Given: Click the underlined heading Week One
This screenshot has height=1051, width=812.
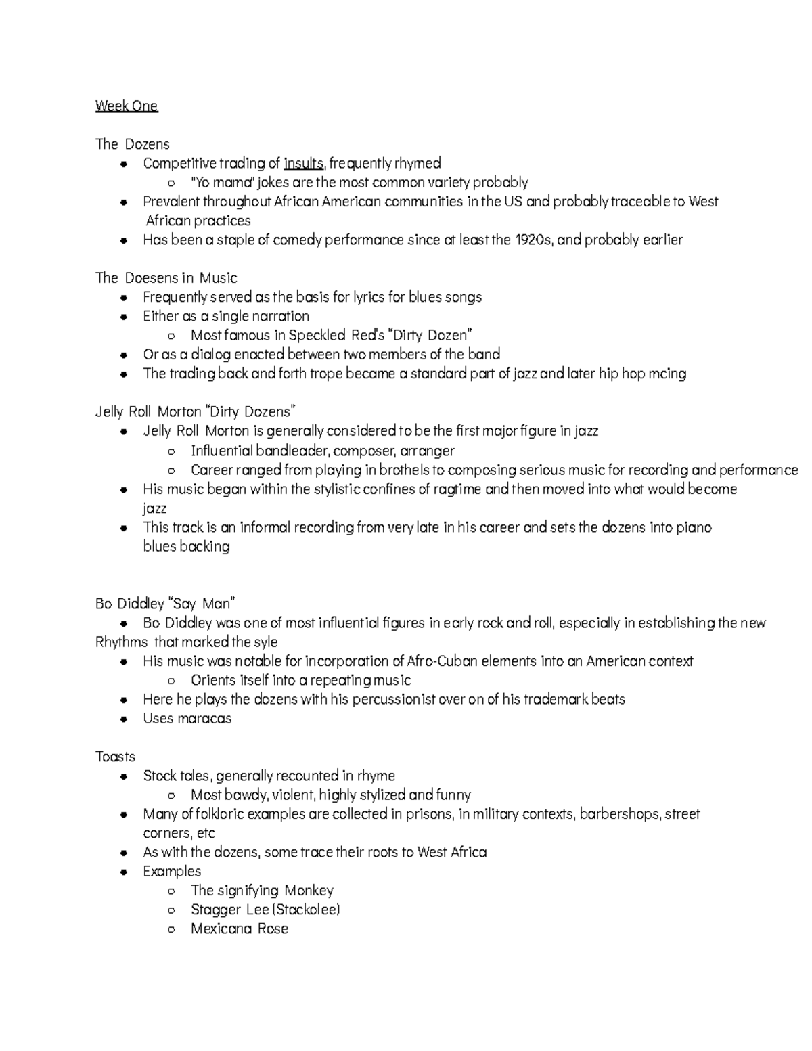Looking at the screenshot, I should click(x=126, y=106).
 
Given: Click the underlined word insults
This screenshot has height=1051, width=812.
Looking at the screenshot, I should click(x=304, y=163).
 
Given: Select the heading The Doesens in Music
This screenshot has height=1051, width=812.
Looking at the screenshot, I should click(x=166, y=277).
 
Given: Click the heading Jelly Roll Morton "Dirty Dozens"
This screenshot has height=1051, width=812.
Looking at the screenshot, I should click(x=196, y=411).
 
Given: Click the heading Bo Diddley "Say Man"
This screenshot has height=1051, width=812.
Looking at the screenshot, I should click(x=165, y=603).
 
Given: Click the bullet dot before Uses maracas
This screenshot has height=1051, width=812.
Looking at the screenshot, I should click(x=123, y=719).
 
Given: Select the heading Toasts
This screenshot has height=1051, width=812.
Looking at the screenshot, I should click(x=115, y=757).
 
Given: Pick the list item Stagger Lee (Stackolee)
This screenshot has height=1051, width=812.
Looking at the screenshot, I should click(x=265, y=909).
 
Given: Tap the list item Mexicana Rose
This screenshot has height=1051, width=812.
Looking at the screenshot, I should click(x=239, y=929).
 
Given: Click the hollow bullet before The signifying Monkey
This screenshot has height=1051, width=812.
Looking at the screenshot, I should click(x=171, y=891).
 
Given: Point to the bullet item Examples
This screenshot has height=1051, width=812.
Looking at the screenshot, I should click(x=172, y=871).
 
